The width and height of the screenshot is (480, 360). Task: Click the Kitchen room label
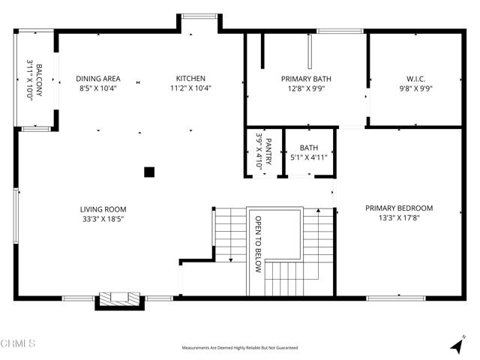tap(190, 79)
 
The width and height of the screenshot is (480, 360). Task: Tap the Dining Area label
tap(97, 79)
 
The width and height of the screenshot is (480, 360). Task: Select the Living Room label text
tap(103, 209)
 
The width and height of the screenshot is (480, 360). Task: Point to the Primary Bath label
tap(306, 79)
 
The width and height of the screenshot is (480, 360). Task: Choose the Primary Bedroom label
tap(399, 208)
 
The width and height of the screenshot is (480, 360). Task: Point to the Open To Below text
tap(259, 244)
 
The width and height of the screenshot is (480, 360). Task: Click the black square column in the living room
tap(149, 172)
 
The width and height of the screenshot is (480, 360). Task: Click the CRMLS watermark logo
tap(19, 344)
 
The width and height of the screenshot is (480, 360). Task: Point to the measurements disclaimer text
tap(240, 347)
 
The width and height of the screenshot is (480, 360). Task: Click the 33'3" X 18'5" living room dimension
tap(103, 219)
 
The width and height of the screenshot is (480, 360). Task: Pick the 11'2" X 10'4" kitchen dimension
tap(190, 88)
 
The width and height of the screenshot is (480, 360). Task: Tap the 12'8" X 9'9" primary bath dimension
tap(306, 88)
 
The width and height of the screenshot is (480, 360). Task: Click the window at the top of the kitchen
tap(198, 16)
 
